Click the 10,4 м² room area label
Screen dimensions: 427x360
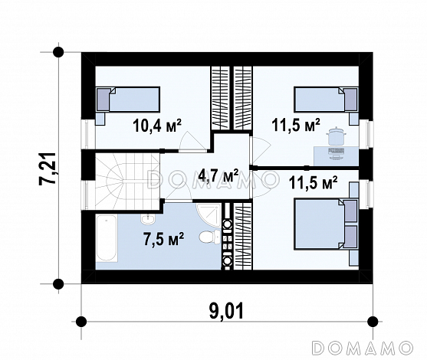[x=157, y=126]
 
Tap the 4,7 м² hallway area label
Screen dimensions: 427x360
[x=218, y=175]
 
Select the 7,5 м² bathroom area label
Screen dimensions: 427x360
[x=163, y=239]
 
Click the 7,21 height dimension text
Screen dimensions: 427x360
[x=48, y=169]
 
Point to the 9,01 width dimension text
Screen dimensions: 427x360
[x=226, y=311]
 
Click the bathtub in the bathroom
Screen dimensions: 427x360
[x=107, y=238]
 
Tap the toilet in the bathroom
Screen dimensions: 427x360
[x=210, y=237]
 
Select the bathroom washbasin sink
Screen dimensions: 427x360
[x=148, y=219]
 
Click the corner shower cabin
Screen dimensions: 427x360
[x=209, y=215]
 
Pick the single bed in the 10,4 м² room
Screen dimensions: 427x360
[x=128, y=100]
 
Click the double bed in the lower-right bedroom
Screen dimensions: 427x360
[x=326, y=224]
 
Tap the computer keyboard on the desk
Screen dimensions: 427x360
[x=337, y=151]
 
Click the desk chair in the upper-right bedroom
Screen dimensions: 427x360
[x=337, y=136]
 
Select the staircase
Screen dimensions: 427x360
[x=127, y=181]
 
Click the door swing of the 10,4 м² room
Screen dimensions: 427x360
[x=192, y=141]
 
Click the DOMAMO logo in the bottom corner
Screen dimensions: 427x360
[x=362, y=348]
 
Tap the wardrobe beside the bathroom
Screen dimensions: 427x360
[x=243, y=236]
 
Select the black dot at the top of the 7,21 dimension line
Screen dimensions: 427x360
[x=58, y=52]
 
